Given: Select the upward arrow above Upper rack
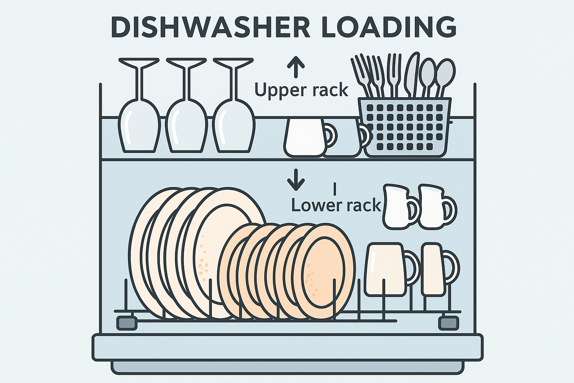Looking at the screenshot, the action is (296, 67).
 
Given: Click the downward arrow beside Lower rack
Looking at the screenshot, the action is (296, 180).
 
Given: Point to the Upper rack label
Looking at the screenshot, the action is (301, 90).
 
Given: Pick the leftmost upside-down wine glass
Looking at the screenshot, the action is (139, 105).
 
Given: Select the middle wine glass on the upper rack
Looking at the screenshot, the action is (186, 105).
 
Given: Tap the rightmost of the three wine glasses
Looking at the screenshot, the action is (234, 105).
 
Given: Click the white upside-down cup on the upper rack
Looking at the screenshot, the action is (305, 137).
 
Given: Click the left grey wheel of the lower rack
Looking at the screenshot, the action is (127, 323).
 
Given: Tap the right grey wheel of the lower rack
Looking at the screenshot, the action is (448, 323).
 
